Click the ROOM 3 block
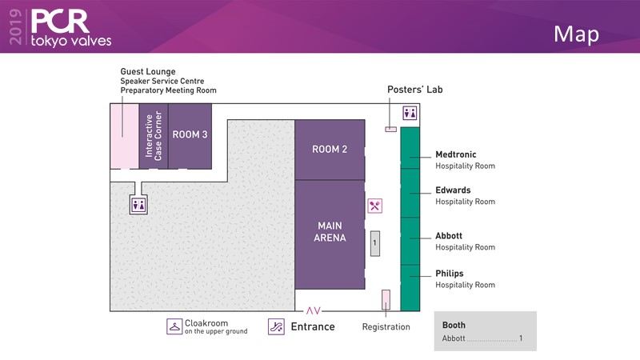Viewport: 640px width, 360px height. point(190,135)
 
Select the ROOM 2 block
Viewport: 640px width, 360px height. point(330,150)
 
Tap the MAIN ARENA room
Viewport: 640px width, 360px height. point(330,232)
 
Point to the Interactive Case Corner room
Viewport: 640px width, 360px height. point(153,135)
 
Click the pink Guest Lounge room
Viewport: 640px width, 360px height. point(124,136)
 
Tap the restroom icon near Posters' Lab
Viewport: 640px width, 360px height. point(410,113)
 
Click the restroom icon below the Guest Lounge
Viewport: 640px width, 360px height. point(139,205)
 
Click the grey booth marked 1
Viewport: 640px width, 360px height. point(374,243)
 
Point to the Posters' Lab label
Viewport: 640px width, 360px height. point(414,90)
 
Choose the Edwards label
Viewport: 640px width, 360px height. point(453,190)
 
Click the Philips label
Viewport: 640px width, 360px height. point(450,274)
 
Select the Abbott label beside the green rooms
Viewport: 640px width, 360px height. point(449,236)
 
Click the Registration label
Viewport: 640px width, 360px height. point(386,326)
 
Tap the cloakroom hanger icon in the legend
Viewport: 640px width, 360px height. point(174,326)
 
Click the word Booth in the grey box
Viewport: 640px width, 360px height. point(454,326)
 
